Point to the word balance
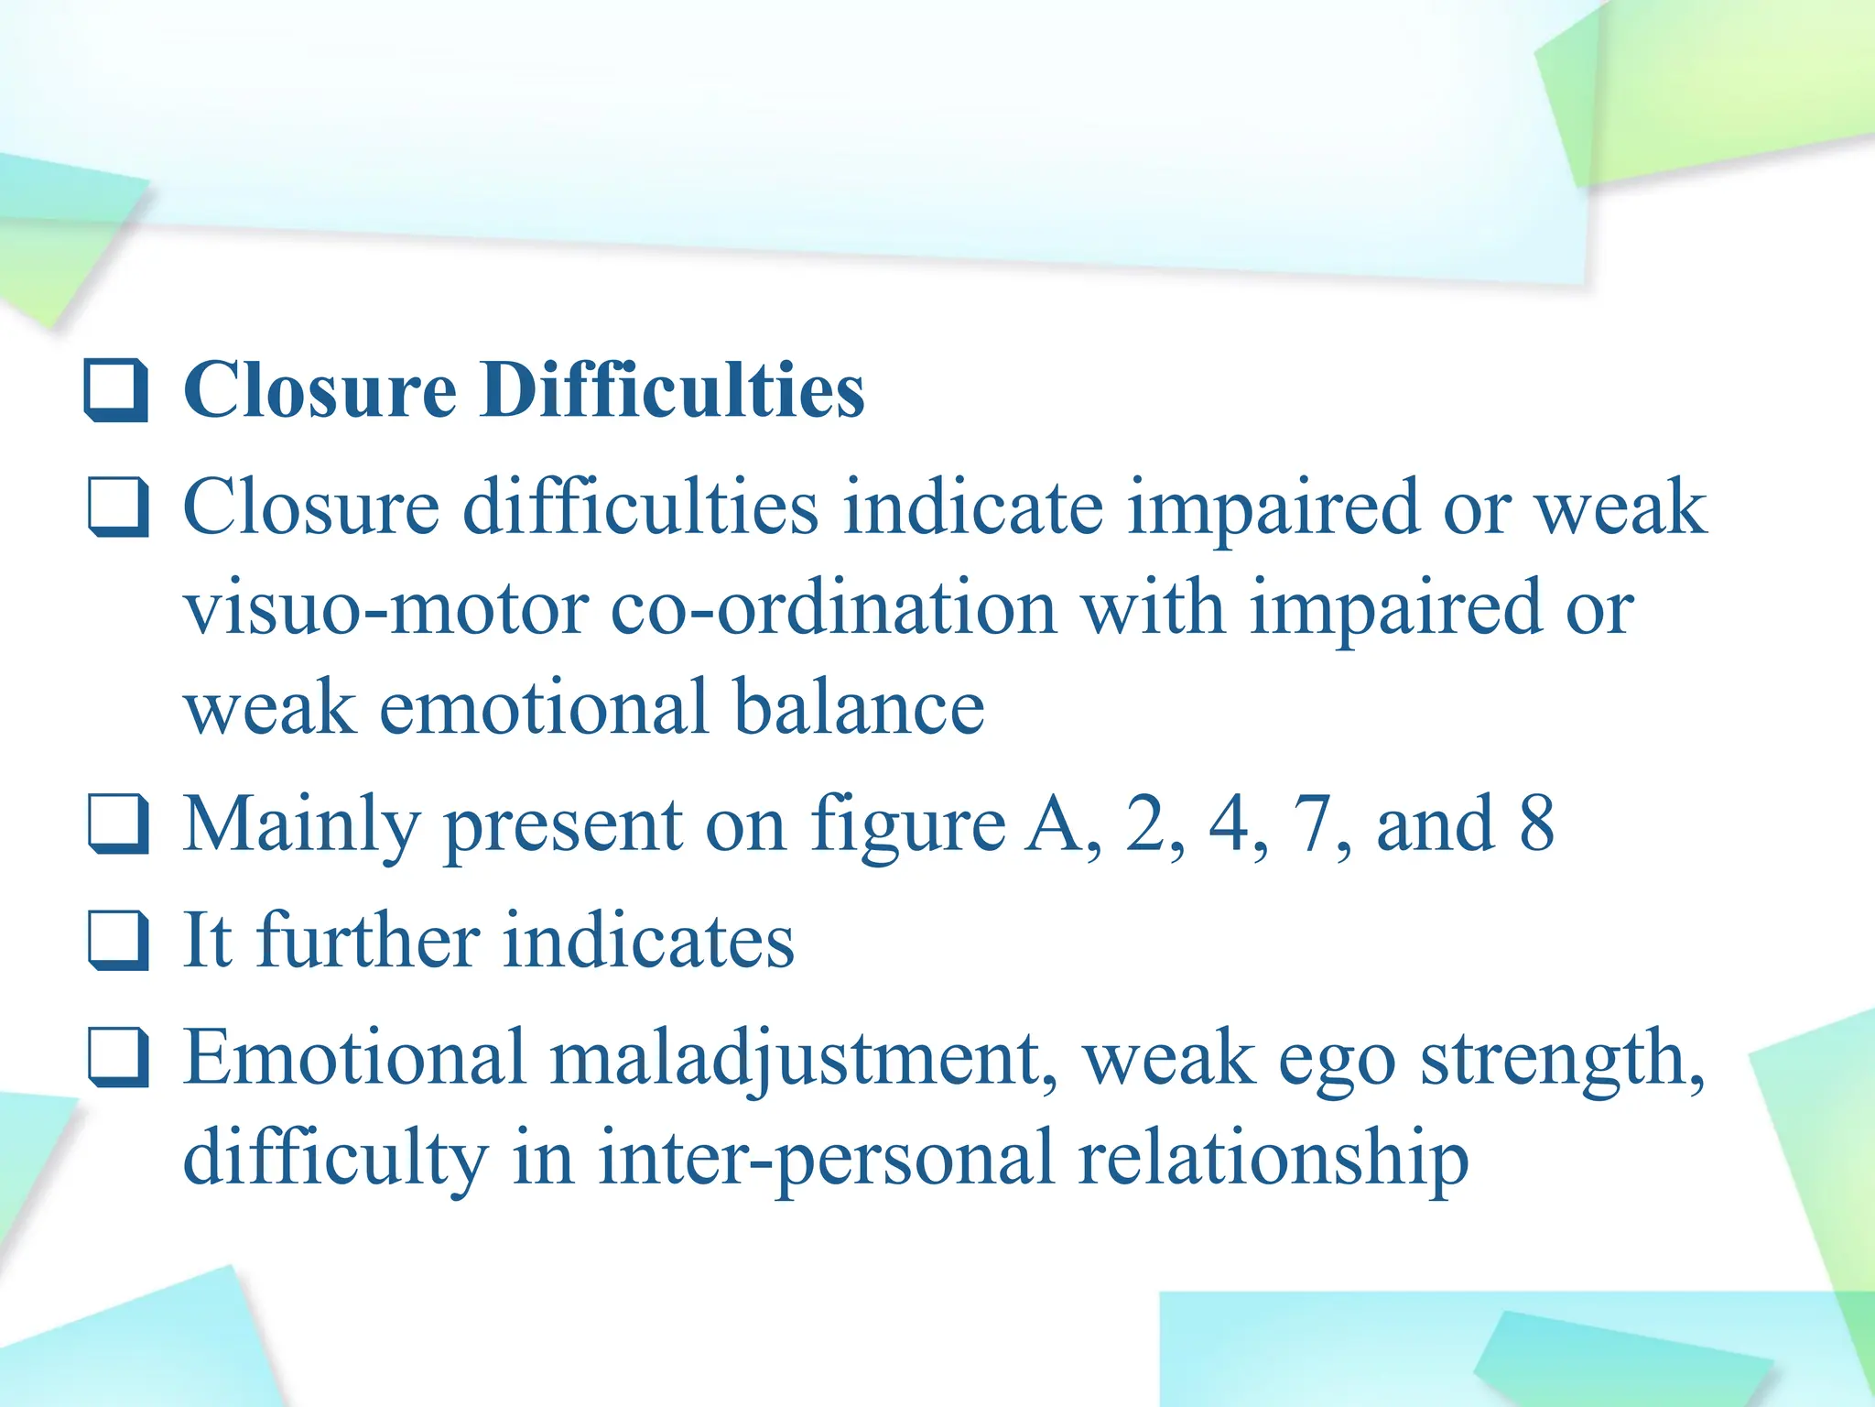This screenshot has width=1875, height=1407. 859,708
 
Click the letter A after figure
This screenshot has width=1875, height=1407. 1052,823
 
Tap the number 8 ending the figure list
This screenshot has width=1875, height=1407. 1536,823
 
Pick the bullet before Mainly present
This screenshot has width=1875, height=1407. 118,823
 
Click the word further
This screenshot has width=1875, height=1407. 368,941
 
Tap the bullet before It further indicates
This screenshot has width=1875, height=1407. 118,940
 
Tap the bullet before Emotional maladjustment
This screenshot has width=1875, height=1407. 118,1057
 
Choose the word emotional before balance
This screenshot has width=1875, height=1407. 544,708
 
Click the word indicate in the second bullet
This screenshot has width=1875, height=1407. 973,507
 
